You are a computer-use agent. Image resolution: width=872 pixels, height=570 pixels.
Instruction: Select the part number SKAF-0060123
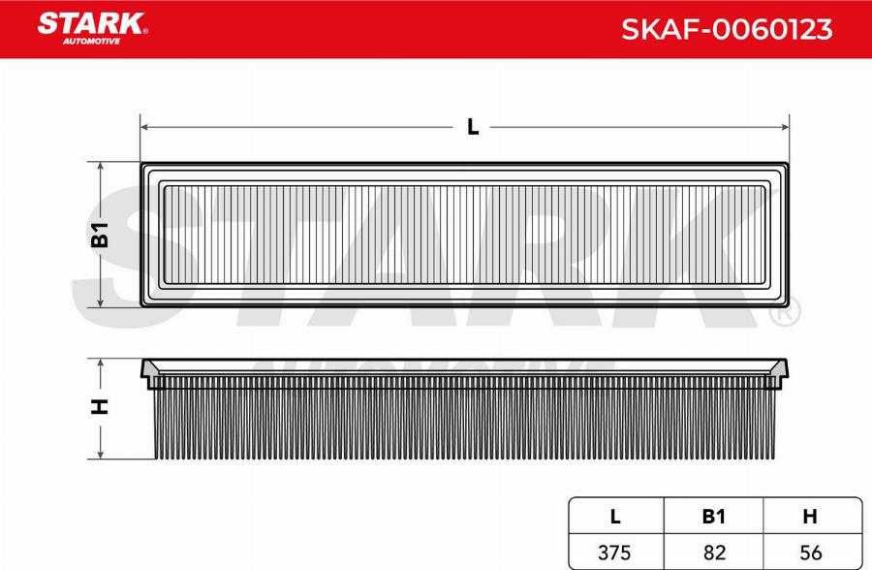point(727,29)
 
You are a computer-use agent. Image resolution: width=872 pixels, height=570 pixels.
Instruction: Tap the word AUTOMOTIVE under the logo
point(91,41)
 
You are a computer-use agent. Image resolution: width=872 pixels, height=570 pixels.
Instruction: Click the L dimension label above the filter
point(473,127)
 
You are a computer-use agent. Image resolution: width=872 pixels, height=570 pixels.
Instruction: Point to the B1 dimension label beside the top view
point(100,235)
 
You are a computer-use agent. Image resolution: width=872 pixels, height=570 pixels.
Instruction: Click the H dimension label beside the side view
point(100,407)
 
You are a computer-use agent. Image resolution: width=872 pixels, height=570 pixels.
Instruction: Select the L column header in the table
point(615,517)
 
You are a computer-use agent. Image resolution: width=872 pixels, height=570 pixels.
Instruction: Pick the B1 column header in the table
point(713,517)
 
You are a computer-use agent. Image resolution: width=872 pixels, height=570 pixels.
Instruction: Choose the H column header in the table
point(810,517)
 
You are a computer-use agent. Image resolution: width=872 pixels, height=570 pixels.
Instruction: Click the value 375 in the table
point(614,553)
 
